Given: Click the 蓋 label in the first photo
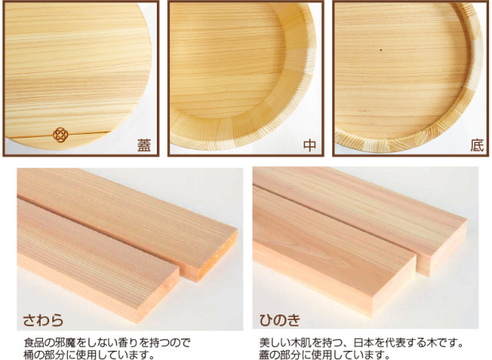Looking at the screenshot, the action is point(144,145).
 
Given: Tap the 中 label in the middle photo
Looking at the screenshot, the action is point(309,145).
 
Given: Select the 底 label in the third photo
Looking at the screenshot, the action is point(477,145).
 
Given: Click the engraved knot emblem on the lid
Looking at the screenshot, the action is point(61,135).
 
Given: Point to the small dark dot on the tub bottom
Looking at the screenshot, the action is point(381,50).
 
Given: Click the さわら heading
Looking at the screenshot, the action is point(43,320).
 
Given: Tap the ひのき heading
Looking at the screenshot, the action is point(280,320).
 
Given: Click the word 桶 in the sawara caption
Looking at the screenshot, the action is point(29,355).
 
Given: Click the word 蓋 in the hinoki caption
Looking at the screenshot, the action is point(264,355).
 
